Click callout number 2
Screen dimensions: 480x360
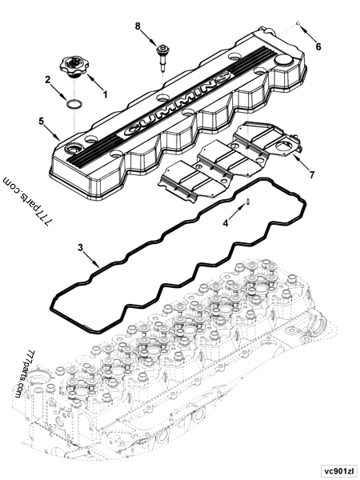tap(48, 79)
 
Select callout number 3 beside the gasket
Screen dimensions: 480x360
tap(81, 247)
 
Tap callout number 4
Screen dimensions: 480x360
tap(226, 222)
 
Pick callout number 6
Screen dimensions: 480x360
tap(318, 46)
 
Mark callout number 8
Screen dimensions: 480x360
tap(137, 27)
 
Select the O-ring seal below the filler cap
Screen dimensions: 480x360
tap(73, 105)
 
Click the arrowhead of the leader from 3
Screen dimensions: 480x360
tap(98, 264)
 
